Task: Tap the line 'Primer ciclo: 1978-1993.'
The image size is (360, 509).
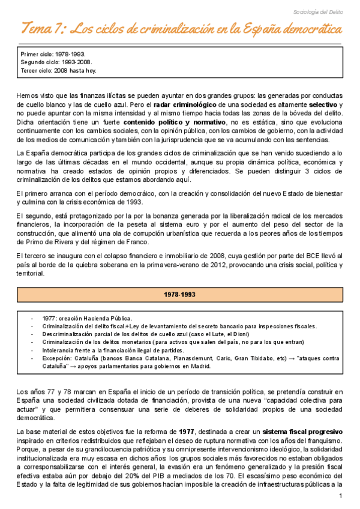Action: tap(52, 53)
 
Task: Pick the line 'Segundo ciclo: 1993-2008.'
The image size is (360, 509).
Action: tap(56, 62)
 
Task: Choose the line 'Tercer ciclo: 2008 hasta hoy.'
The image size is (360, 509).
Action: tap(58, 70)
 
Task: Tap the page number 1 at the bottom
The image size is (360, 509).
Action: tap(340, 496)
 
